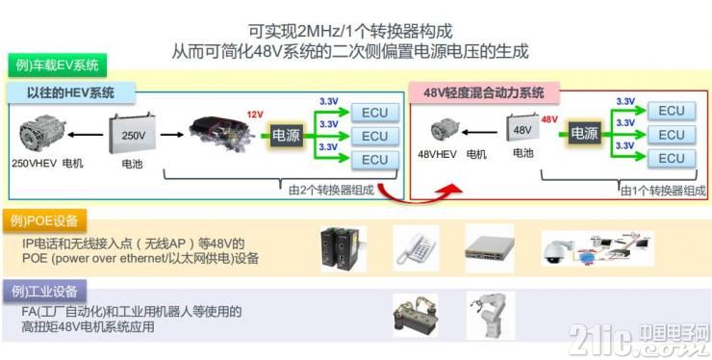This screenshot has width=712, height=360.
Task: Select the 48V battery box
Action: click(522, 130)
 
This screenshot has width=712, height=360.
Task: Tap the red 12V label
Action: click(255, 115)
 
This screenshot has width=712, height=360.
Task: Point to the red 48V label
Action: click(549, 119)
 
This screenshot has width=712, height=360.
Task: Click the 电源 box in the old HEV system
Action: click(286, 135)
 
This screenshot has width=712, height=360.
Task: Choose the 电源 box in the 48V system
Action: click(584, 134)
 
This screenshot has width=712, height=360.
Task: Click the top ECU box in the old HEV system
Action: click(375, 113)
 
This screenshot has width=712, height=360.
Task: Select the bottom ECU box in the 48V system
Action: click(672, 158)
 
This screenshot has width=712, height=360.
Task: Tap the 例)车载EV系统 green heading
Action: click(58, 65)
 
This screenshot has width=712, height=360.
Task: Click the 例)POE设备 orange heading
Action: click(44, 221)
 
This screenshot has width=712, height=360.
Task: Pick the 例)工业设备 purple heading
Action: click(44, 292)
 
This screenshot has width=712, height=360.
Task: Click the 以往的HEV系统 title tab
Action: click(71, 93)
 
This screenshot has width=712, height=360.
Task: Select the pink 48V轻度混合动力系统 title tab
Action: click(484, 93)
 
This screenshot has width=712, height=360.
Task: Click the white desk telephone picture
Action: click(416, 248)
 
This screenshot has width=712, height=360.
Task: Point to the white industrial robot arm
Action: click(490, 315)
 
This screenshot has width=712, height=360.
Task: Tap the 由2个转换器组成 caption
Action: click(332, 190)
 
